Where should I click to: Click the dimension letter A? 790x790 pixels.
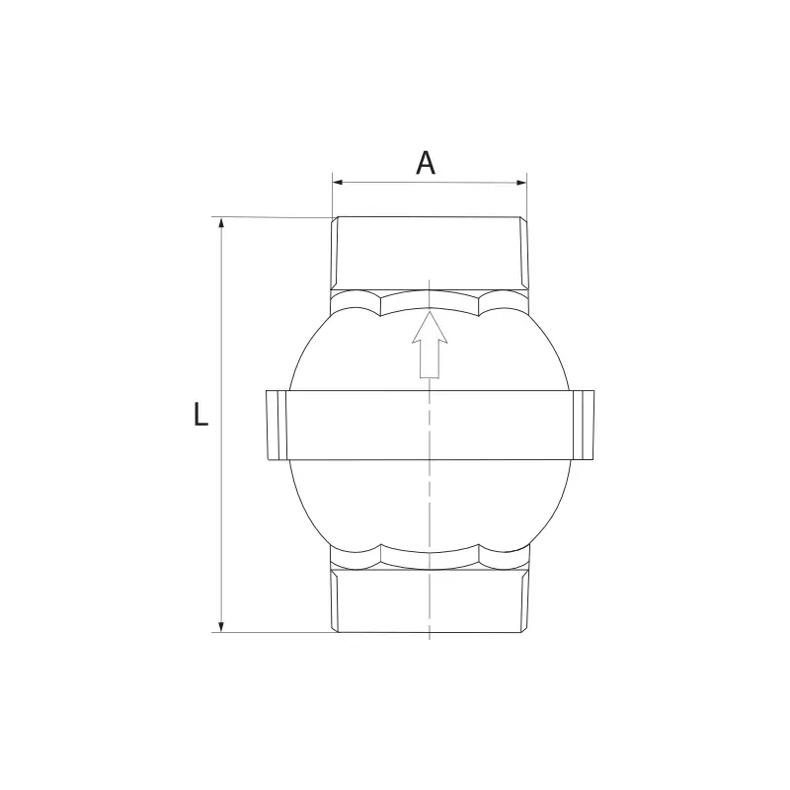(x=426, y=163)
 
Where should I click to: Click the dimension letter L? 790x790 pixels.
(x=201, y=415)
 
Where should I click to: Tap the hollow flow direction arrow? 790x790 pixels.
(x=430, y=344)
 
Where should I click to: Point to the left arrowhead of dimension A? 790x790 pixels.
(x=338, y=183)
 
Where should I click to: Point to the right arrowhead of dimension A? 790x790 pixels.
(x=521, y=183)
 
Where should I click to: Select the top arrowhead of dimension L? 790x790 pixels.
(x=220, y=223)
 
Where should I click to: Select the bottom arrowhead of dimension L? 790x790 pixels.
(x=220, y=626)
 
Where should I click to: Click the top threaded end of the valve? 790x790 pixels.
(x=430, y=253)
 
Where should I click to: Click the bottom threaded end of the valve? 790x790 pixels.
(x=430, y=600)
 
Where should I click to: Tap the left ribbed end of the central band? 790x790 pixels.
(x=276, y=425)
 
